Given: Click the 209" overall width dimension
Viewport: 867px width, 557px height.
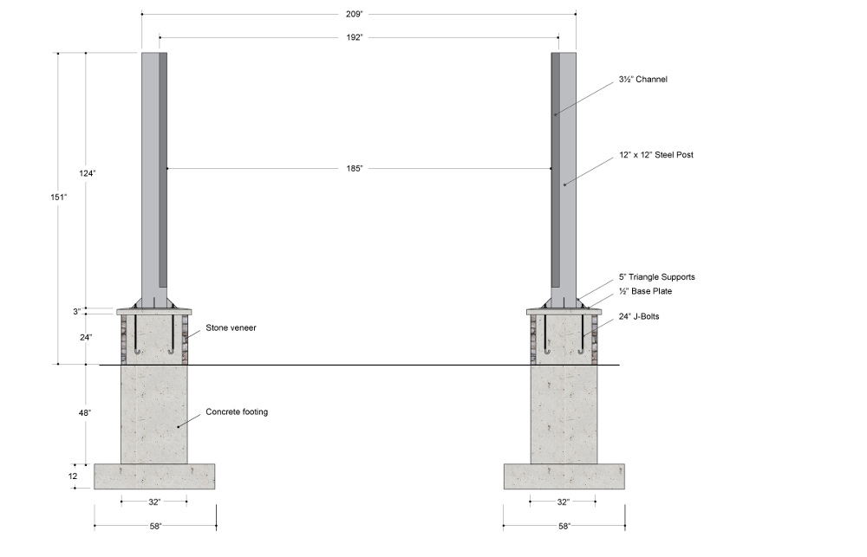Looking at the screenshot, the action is (x=354, y=14).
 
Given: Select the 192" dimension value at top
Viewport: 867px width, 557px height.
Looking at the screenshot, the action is (x=354, y=37).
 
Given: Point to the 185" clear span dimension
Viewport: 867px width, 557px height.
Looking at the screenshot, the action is (x=355, y=168).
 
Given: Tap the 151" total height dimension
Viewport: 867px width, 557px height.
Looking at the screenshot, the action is (x=59, y=197).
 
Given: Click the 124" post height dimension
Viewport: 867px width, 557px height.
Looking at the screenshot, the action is (x=88, y=173).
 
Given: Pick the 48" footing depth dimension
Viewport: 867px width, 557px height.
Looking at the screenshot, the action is (x=85, y=413).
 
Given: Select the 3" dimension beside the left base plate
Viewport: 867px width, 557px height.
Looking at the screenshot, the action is (x=77, y=312).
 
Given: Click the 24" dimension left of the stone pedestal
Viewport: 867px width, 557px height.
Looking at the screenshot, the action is (x=85, y=336).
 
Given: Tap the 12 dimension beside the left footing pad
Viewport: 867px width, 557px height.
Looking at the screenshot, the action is (x=73, y=476).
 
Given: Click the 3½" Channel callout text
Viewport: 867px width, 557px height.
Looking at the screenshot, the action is (x=643, y=79).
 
